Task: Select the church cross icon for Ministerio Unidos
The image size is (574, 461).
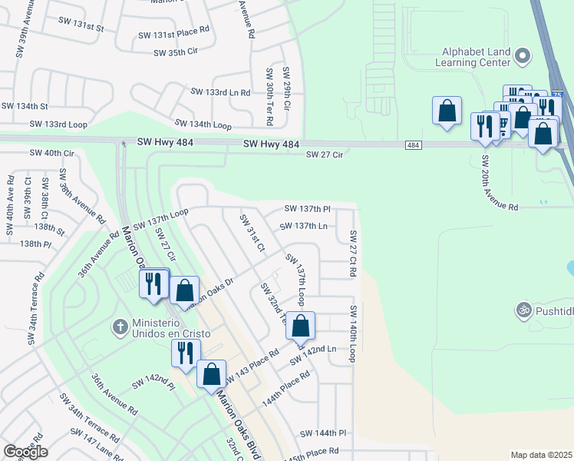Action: pyautogui.click(x=120, y=327)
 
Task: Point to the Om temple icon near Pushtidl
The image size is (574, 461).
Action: pyautogui.click(x=524, y=310)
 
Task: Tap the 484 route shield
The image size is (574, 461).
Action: pyautogui.click(x=413, y=145)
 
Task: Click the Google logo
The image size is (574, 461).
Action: pyautogui.click(x=25, y=452)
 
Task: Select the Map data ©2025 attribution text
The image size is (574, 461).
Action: pyautogui.click(x=542, y=455)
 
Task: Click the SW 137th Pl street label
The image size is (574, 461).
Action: pyautogui.click(x=307, y=208)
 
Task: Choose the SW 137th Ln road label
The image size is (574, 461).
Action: pyautogui.click(x=304, y=226)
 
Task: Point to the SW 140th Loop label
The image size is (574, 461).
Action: pyautogui.click(x=354, y=333)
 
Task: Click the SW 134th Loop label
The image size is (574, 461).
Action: pyautogui.click(x=203, y=124)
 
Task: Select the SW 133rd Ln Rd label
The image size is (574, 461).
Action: pyautogui.click(x=221, y=92)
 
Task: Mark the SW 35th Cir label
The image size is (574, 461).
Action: pyautogui.click(x=176, y=52)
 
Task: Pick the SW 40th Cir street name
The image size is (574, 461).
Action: pyautogui.click(x=51, y=153)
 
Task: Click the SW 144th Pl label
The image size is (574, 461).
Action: pyautogui.click(x=324, y=433)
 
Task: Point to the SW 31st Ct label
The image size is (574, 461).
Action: pyautogui.click(x=252, y=234)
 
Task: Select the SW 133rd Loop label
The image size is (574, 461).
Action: pyautogui.click(x=58, y=124)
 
